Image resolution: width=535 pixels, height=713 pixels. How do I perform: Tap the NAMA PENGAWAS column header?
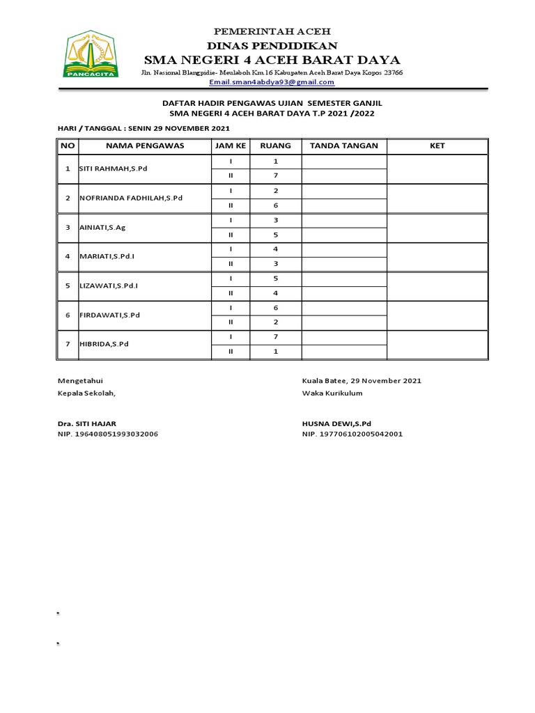(x=145, y=146)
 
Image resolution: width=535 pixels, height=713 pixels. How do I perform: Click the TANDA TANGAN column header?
(x=343, y=146)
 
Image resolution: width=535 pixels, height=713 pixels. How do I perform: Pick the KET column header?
(x=437, y=146)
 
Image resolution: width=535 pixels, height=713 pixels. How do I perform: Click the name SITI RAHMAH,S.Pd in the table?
(x=114, y=169)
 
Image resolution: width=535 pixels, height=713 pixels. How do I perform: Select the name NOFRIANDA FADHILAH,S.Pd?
(x=131, y=198)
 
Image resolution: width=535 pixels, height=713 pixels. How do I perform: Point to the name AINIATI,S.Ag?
(x=102, y=228)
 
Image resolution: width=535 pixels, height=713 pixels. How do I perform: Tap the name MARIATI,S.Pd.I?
(x=107, y=256)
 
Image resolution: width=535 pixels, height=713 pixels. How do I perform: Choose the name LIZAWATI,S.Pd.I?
(x=109, y=285)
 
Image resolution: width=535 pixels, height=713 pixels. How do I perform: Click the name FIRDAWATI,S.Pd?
(x=110, y=315)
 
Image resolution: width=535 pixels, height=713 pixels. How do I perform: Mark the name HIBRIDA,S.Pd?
(x=104, y=344)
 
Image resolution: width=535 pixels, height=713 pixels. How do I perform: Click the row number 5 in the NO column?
(x=68, y=285)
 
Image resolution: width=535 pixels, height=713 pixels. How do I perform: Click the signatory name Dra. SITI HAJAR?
(x=87, y=423)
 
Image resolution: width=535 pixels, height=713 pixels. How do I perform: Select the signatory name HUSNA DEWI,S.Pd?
(x=337, y=423)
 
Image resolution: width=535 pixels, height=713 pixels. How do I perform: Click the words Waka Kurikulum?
(x=332, y=393)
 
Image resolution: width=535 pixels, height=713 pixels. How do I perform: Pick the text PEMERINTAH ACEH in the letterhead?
(x=272, y=32)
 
